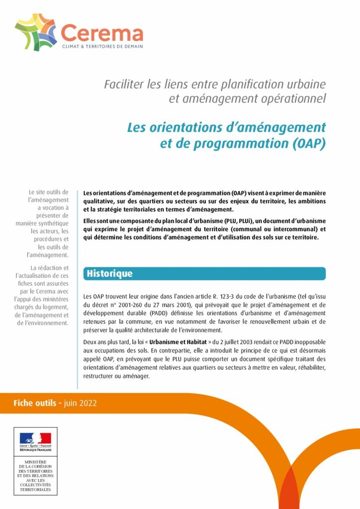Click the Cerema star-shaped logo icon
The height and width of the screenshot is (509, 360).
click(36, 32)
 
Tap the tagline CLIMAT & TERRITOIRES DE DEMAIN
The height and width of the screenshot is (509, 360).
click(102, 46)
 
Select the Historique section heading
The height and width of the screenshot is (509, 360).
click(109, 273)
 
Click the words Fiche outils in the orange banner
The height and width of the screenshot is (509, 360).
click(35, 403)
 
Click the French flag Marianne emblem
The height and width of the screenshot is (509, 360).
click(35, 438)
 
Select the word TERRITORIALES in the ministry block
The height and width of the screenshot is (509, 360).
click(35, 490)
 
